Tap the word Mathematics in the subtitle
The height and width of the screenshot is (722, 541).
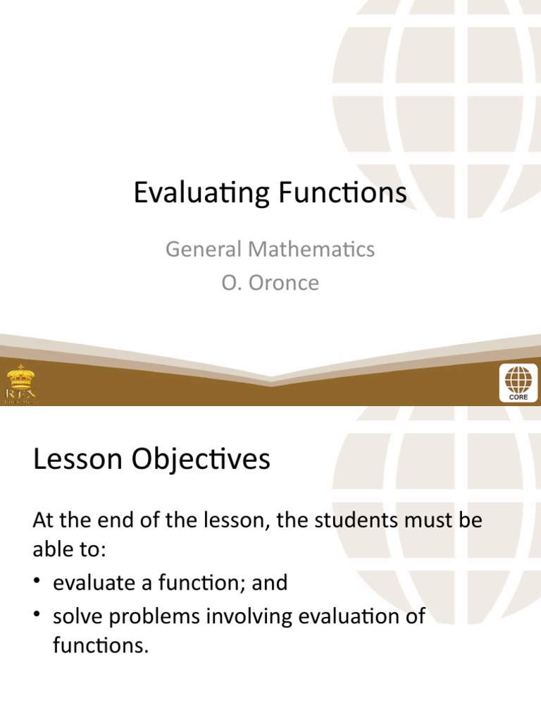tap(309, 249)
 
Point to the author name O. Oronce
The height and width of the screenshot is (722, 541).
tap(270, 283)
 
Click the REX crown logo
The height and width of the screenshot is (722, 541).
tap(21, 383)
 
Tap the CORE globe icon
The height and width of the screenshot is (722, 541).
tap(518, 383)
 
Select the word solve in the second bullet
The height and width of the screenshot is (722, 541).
tap(79, 617)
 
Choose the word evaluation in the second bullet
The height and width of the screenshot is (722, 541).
tap(352, 617)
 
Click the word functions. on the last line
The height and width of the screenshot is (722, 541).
tap(101, 646)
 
